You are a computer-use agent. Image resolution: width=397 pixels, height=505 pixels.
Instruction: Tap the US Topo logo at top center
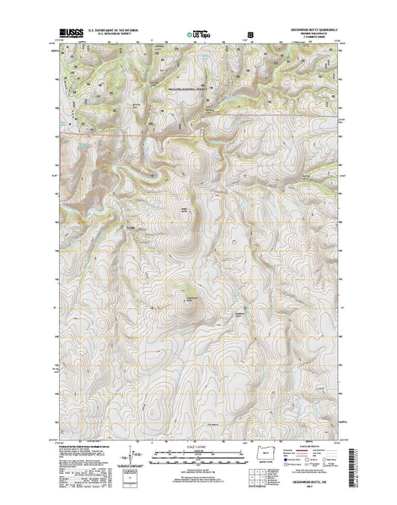tap(198, 35)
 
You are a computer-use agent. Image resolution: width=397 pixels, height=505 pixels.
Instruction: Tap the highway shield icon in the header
tap(249, 34)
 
